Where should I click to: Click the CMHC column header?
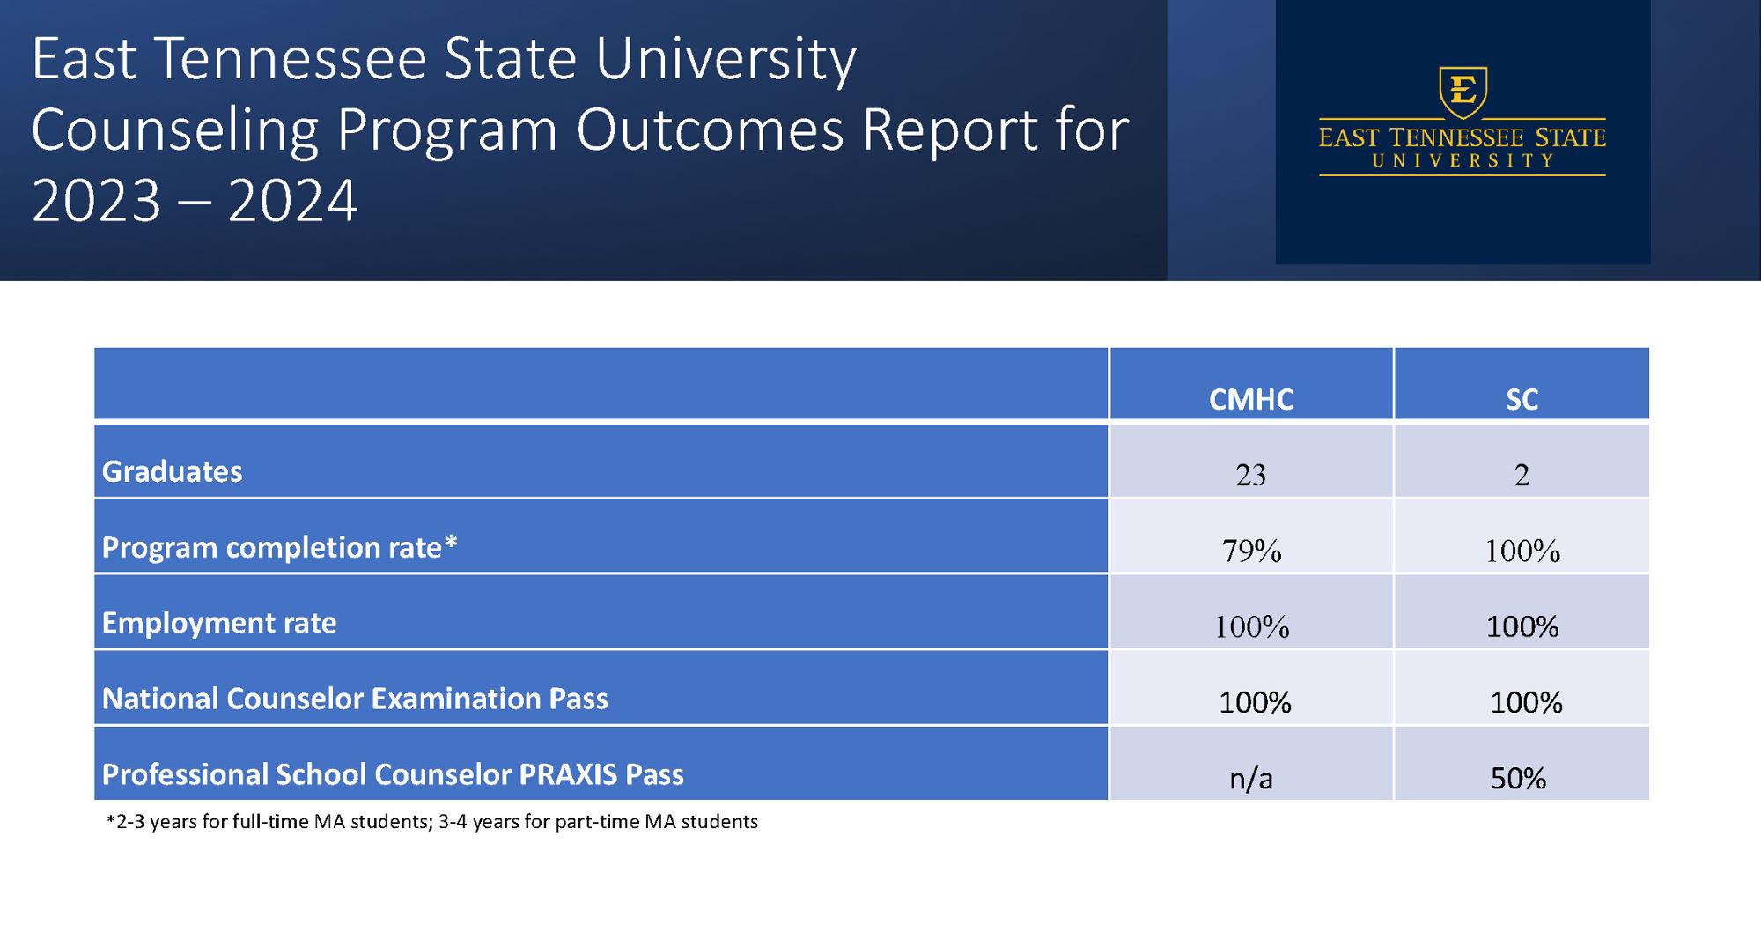[1250, 399]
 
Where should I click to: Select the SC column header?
[1522, 399]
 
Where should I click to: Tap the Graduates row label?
[173, 472]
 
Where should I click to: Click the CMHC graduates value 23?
[1250, 476]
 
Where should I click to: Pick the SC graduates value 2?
[1522, 476]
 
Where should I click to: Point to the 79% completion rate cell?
[1251, 551]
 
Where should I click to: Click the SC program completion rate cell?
[1522, 551]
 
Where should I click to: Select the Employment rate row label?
[219, 623]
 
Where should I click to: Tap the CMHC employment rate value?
[1251, 627]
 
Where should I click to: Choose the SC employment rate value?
[1522, 627]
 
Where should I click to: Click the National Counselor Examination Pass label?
[355, 699]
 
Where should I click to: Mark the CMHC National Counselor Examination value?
[1255, 703]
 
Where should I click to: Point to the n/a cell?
[1251, 779]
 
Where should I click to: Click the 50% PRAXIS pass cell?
[1518, 779]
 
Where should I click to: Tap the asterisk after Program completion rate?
[451, 544]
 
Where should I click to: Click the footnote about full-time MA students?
[431, 822]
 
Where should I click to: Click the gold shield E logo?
[1463, 91]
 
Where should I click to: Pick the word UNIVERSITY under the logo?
[1463, 161]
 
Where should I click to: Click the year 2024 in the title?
[292, 201]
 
